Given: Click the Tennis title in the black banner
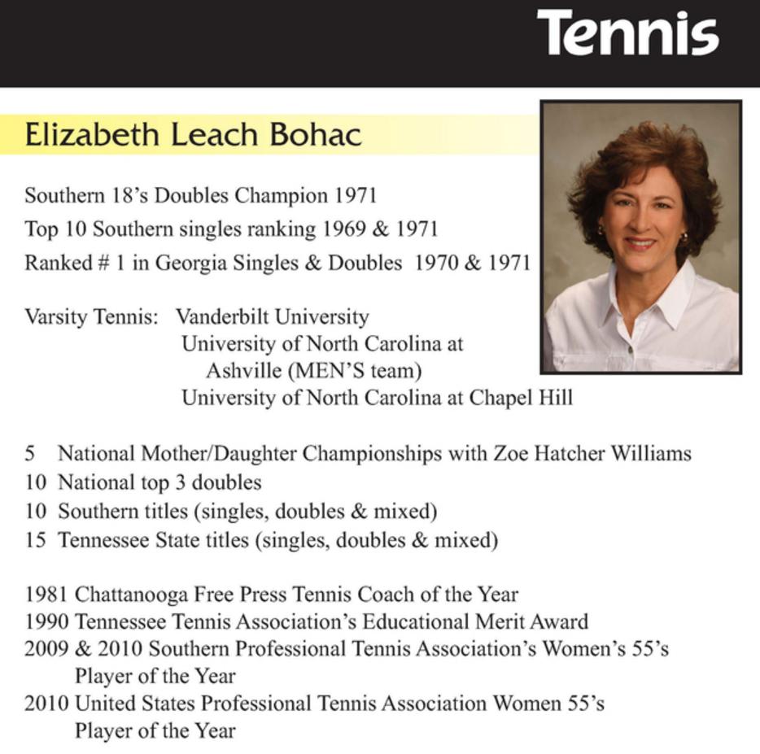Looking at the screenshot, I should click(x=627, y=34).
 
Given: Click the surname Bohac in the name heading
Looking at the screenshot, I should click(x=315, y=135).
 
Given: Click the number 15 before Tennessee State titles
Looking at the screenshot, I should click(x=35, y=539).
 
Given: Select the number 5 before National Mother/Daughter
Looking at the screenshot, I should click(x=30, y=453).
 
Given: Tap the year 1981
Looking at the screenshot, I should click(x=46, y=595).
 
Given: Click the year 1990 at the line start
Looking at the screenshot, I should click(x=46, y=622).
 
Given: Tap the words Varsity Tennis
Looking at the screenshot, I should click(x=91, y=316).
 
